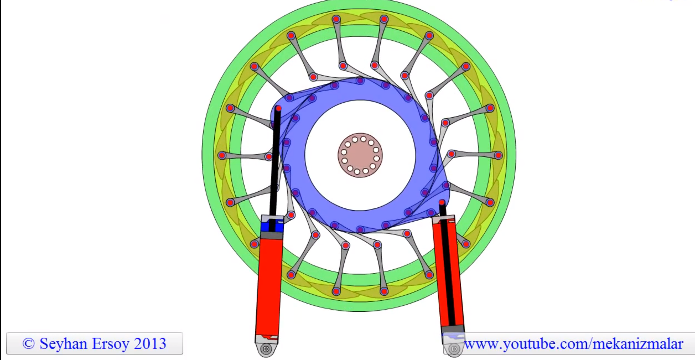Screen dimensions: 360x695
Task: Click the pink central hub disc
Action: (x=360, y=155)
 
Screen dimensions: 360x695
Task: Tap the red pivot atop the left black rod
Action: (x=279, y=108)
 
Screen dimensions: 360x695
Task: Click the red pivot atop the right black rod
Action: (x=442, y=202)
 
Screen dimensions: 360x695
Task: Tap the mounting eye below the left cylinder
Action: (x=266, y=349)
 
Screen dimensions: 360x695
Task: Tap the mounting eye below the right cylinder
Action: (x=454, y=349)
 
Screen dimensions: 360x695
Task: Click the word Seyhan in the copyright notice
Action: (x=64, y=344)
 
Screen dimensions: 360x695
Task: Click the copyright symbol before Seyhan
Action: (x=28, y=344)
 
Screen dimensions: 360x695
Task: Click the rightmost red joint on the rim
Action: (x=499, y=155)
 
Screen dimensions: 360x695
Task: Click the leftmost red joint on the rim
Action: (x=222, y=155)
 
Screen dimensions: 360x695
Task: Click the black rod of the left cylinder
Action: (x=275, y=162)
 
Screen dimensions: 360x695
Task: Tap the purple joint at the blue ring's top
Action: (x=360, y=81)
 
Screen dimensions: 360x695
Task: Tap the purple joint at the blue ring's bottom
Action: (x=360, y=230)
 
